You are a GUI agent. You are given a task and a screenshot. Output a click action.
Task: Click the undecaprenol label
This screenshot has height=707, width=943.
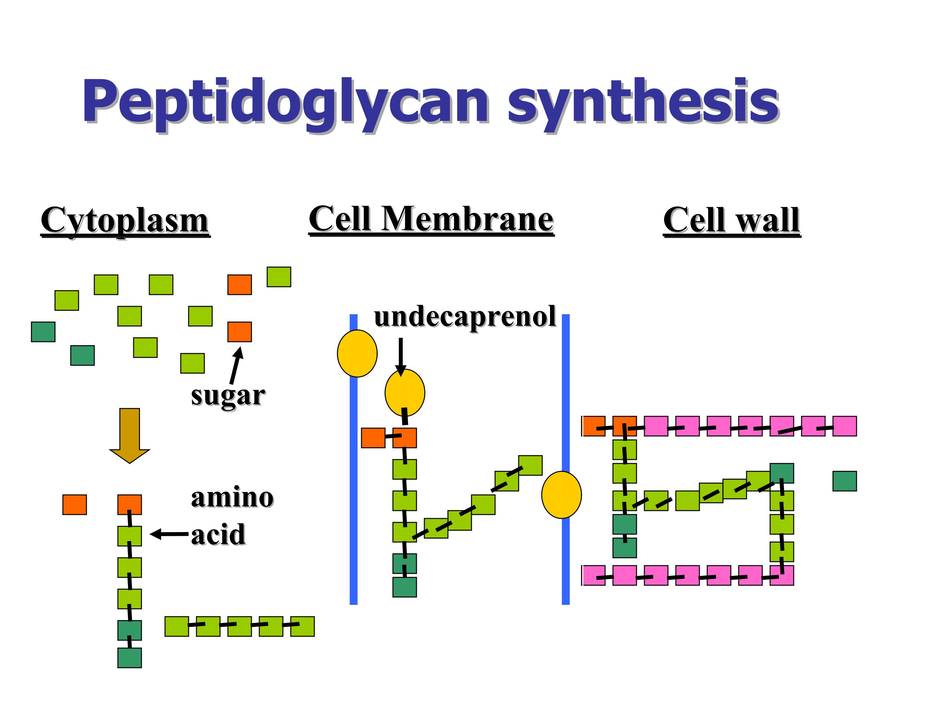tap(465, 317)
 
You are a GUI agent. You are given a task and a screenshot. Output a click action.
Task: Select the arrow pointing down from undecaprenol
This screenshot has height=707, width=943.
tap(401, 357)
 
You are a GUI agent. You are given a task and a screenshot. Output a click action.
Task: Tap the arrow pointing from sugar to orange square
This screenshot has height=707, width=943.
tap(236, 366)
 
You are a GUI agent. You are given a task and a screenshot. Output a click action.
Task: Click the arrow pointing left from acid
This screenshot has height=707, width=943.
tap(169, 534)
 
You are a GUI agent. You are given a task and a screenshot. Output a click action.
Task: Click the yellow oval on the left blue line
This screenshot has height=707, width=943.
tap(357, 353)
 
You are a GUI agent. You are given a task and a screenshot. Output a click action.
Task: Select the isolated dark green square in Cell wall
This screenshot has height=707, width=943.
tap(844, 481)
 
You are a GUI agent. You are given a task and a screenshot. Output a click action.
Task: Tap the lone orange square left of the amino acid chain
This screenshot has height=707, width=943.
tap(75, 505)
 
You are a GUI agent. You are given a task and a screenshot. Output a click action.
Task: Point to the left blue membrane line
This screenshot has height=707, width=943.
tap(353, 460)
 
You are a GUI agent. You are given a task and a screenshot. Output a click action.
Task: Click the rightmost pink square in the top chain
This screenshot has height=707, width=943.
tap(844, 426)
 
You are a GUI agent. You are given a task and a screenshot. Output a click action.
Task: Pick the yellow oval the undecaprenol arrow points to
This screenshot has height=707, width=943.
tap(405, 392)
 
